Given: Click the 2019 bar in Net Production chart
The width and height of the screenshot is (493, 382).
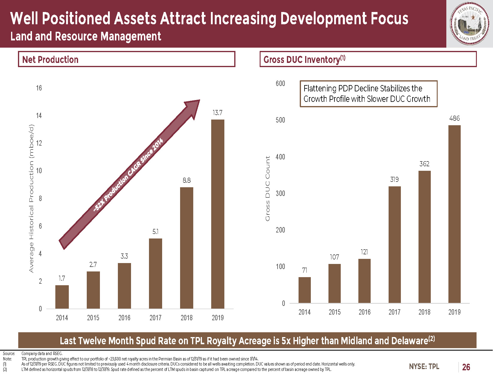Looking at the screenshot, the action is [x=217, y=214].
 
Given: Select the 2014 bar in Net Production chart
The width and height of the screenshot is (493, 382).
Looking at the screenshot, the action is [x=62, y=297].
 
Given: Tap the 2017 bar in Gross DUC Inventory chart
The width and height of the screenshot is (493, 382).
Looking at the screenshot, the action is [x=395, y=244].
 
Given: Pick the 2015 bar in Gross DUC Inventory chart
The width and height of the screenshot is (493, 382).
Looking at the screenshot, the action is [x=334, y=283].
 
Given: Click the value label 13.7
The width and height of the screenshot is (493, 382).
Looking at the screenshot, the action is [x=217, y=113].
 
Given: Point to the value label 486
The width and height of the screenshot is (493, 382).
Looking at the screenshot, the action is [x=454, y=118].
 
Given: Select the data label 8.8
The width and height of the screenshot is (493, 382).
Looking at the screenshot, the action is [x=186, y=180].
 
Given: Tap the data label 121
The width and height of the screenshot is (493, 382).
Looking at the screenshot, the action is [x=364, y=252].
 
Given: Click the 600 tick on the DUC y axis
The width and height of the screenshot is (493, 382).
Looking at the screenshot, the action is [x=280, y=83].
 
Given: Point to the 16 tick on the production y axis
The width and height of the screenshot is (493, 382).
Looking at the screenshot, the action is [x=39, y=88].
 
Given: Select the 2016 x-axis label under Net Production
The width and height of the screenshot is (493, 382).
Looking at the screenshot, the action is [x=124, y=318].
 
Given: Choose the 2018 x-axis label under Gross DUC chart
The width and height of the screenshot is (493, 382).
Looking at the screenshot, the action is [x=424, y=312].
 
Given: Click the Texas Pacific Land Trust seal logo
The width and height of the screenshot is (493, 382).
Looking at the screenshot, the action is [x=470, y=24].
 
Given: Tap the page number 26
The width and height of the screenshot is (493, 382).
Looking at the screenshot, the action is [x=466, y=367].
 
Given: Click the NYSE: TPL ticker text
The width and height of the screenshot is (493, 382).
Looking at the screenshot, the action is [x=424, y=366].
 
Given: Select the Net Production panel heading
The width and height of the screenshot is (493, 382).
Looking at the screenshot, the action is [x=50, y=60].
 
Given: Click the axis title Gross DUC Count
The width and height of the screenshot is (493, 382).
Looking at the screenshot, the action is [x=267, y=188].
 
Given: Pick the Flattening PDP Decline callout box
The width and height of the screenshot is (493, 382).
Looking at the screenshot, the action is [x=369, y=93].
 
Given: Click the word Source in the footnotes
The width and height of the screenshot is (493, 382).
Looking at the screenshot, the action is [x=9, y=353].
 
